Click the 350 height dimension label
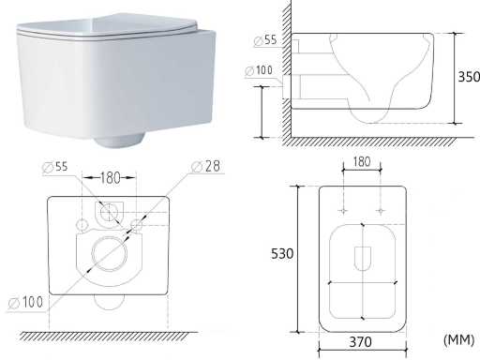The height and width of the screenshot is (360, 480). [x=469, y=77]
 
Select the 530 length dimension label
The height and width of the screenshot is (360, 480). [x=282, y=253]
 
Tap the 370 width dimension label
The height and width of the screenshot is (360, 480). [x=361, y=342]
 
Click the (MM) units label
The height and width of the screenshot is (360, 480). [x=458, y=339]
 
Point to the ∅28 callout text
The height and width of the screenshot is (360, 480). [x=206, y=166]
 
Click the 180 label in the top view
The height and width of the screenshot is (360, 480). [x=362, y=162]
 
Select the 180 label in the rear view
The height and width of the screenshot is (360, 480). [x=110, y=178]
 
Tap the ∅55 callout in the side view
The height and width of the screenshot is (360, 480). [x=265, y=40]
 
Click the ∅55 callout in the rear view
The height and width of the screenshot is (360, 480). [x=55, y=167]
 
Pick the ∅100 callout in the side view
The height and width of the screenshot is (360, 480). [x=259, y=70]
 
